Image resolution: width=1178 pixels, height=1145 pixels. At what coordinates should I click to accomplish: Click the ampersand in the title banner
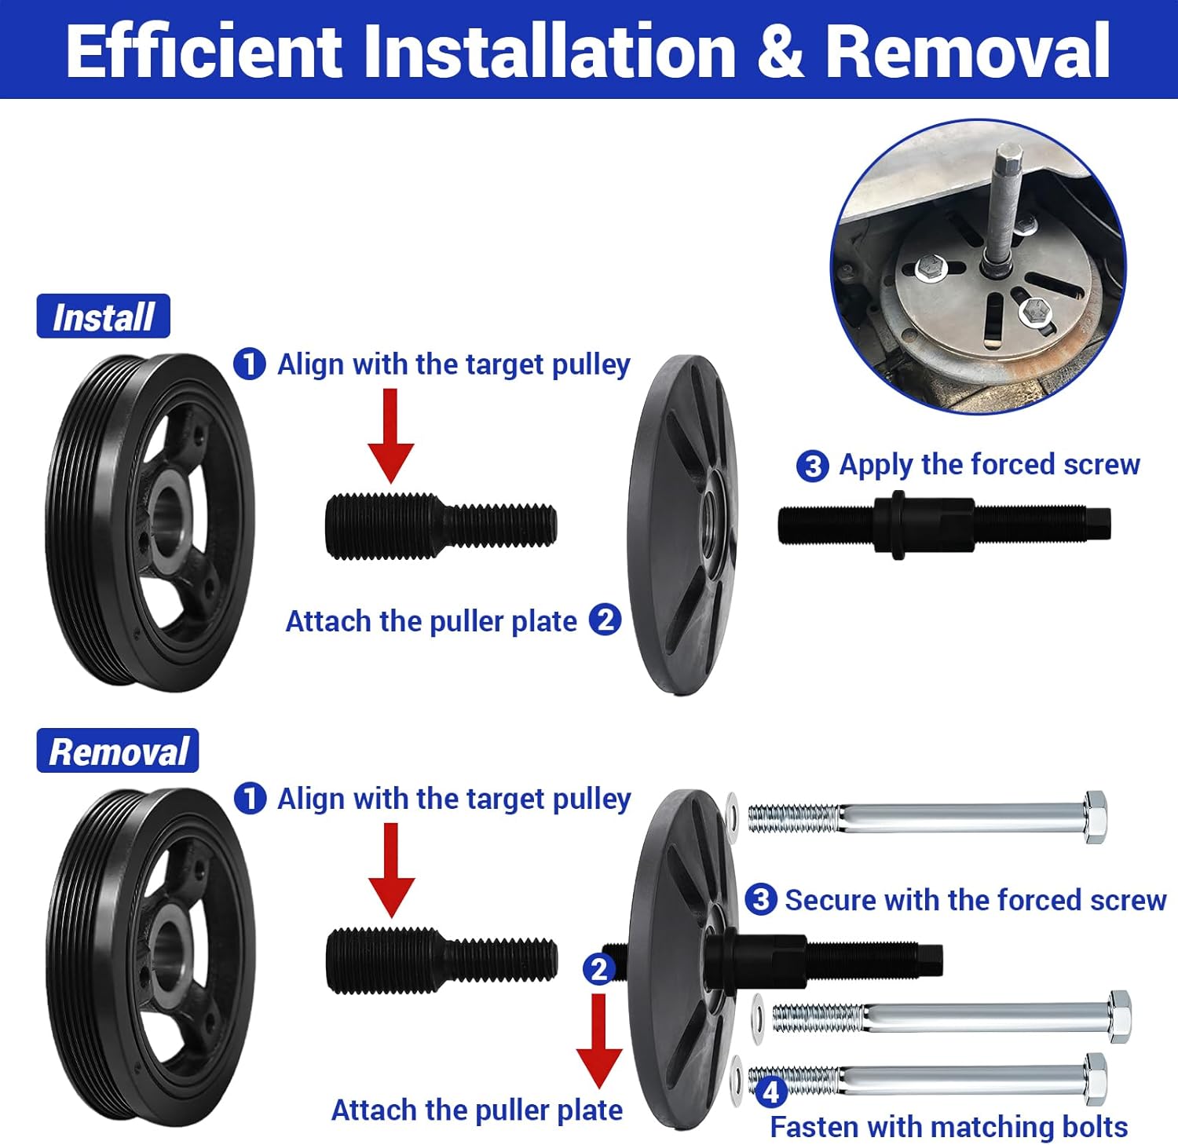(780, 51)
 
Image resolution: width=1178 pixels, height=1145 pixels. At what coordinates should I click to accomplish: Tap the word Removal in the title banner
(968, 51)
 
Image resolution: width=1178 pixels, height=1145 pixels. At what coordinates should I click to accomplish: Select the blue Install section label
(103, 316)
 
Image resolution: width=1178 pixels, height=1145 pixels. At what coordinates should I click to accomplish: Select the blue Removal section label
(118, 751)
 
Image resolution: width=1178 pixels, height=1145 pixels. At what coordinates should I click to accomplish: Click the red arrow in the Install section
(390, 436)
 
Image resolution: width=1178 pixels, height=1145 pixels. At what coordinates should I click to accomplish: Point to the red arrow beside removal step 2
(599, 1041)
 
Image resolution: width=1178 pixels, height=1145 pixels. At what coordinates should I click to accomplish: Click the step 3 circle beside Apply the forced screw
(812, 466)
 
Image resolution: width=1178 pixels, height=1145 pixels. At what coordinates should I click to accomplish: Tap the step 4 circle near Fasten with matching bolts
(770, 1091)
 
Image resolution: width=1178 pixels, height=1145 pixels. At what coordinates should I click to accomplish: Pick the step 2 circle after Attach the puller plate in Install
(605, 620)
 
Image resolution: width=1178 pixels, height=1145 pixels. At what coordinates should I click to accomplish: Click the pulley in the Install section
(149, 522)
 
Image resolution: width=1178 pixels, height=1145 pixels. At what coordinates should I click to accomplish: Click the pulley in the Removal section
(149, 957)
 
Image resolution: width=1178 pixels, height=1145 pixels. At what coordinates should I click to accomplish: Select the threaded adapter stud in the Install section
(441, 526)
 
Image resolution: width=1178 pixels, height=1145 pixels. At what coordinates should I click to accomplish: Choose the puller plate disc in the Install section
(682, 525)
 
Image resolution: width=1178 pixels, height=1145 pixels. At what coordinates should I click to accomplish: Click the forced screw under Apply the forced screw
(944, 525)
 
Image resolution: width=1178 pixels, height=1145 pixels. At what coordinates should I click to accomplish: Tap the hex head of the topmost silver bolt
(1096, 818)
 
